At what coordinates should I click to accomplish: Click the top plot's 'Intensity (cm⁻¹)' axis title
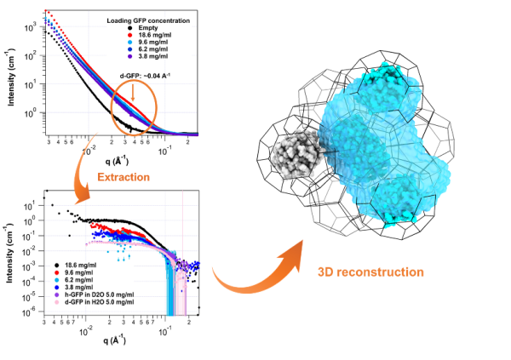click(x=10, y=78)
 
